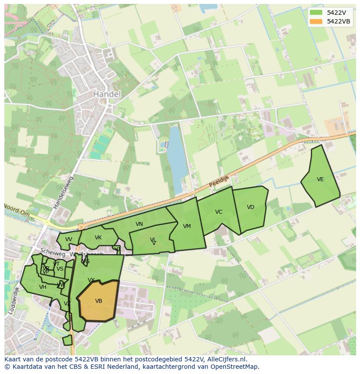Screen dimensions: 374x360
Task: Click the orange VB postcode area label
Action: click(99, 301)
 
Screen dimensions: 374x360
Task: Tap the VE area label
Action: click(320, 179)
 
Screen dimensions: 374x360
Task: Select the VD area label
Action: click(250, 207)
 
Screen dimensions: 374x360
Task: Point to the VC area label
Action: click(219, 212)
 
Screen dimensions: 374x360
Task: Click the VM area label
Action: click(187, 226)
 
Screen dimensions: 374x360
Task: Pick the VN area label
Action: click(139, 224)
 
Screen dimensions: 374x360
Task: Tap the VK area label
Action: click(98, 238)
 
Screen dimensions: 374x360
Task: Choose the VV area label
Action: click(69, 239)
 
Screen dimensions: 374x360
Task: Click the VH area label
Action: click(43, 287)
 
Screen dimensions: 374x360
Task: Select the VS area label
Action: click(60, 269)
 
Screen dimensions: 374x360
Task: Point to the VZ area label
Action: click(67, 304)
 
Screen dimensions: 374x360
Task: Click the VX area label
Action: click(91, 280)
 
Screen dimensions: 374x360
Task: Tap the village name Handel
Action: click(107, 94)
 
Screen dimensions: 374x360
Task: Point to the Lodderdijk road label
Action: click(14, 299)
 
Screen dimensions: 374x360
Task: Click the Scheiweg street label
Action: click(49, 252)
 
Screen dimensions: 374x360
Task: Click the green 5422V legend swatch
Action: click(316, 13)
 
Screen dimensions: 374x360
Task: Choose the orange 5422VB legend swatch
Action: click(316, 21)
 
